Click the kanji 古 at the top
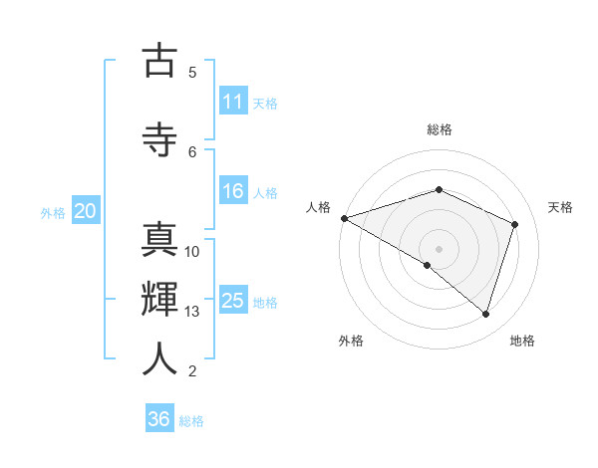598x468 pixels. point(159,61)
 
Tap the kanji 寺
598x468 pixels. point(159,139)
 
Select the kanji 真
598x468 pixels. point(159,240)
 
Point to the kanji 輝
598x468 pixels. point(159,300)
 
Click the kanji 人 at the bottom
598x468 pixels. point(159,359)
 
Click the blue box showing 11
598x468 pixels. point(233,102)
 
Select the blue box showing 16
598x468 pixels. point(233,192)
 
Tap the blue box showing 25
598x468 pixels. point(233,302)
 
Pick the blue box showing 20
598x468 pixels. point(86,211)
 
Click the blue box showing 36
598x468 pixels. point(159,419)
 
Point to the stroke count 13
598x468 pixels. point(192,312)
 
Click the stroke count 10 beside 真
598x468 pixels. point(192,252)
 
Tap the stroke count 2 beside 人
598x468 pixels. point(192,371)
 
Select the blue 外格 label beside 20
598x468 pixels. point(53,212)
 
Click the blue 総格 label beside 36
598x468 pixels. point(191,420)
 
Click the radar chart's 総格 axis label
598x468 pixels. point(439,129)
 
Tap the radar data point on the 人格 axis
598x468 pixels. point(344,218)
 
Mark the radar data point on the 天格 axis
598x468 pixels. point(515,224)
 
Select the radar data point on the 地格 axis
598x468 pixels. point(485,315)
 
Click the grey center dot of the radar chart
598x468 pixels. point(439,248)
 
